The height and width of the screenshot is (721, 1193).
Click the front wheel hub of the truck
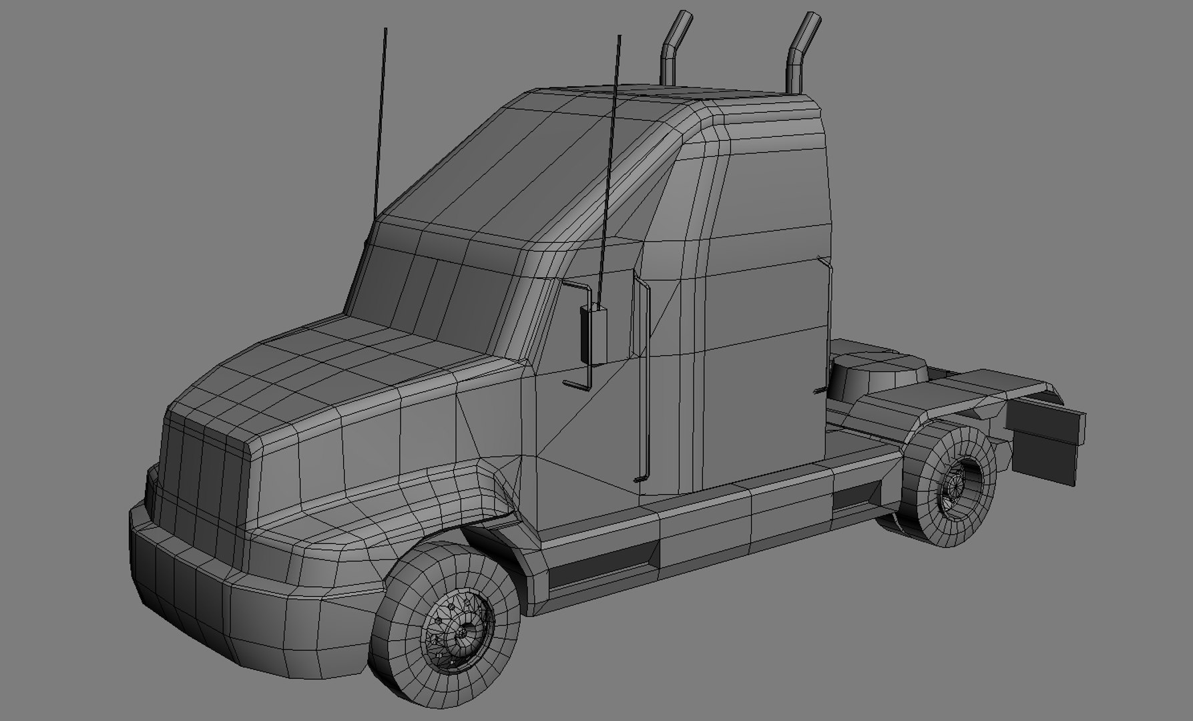click(461, 630)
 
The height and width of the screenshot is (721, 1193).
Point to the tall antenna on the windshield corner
click(381, 120)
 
